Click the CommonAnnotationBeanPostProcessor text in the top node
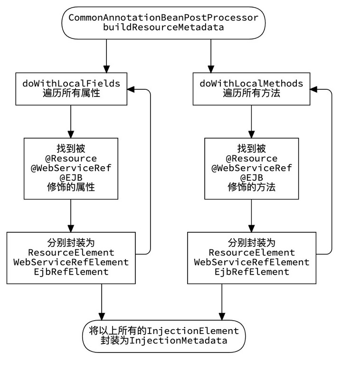(x=163, y=18)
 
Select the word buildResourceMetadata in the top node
(x=163, y=27)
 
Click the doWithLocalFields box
(x=71, y=88)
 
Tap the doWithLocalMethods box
(x=251, y=88)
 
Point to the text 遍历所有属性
(x=71, y=93)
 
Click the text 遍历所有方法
(x=251, y=93)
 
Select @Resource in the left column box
(x=71, y=159)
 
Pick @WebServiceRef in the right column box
(x=251, y=168)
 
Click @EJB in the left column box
(x=71, y=178)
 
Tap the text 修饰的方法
(x=251, y=187)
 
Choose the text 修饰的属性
(x=71, y=187)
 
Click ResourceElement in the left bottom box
(x=71, y=253)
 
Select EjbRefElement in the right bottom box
(x=251, y=272)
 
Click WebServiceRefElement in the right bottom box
(x=251, y=262)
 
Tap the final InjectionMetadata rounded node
(x=163, y=335)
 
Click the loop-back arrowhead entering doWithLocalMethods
(x=314, y=89)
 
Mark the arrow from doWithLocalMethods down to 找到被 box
(x=251, y=121)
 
